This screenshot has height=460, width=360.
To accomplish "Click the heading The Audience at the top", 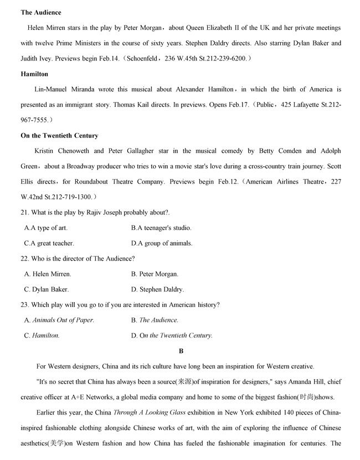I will (x=41, y=12).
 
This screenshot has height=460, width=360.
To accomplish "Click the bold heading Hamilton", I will (x=34, y=74).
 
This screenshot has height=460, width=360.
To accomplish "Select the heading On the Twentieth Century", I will (x=59, y=136).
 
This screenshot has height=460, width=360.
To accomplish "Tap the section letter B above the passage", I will (x=181, y=351).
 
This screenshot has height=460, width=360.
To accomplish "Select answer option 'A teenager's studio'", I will (x=164, y=228).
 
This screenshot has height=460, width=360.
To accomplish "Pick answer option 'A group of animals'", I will (x=165, y=243).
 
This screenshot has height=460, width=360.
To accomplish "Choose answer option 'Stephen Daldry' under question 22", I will (x=161, y=289).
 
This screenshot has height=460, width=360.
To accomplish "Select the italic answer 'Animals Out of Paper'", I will (x=63, y=320).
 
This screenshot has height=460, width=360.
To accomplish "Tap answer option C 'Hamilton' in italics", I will (x=46, y=335).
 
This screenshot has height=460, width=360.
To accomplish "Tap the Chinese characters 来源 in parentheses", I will (x=183, y=382).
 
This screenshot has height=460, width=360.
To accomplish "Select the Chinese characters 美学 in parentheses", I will (x=56, y=444).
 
